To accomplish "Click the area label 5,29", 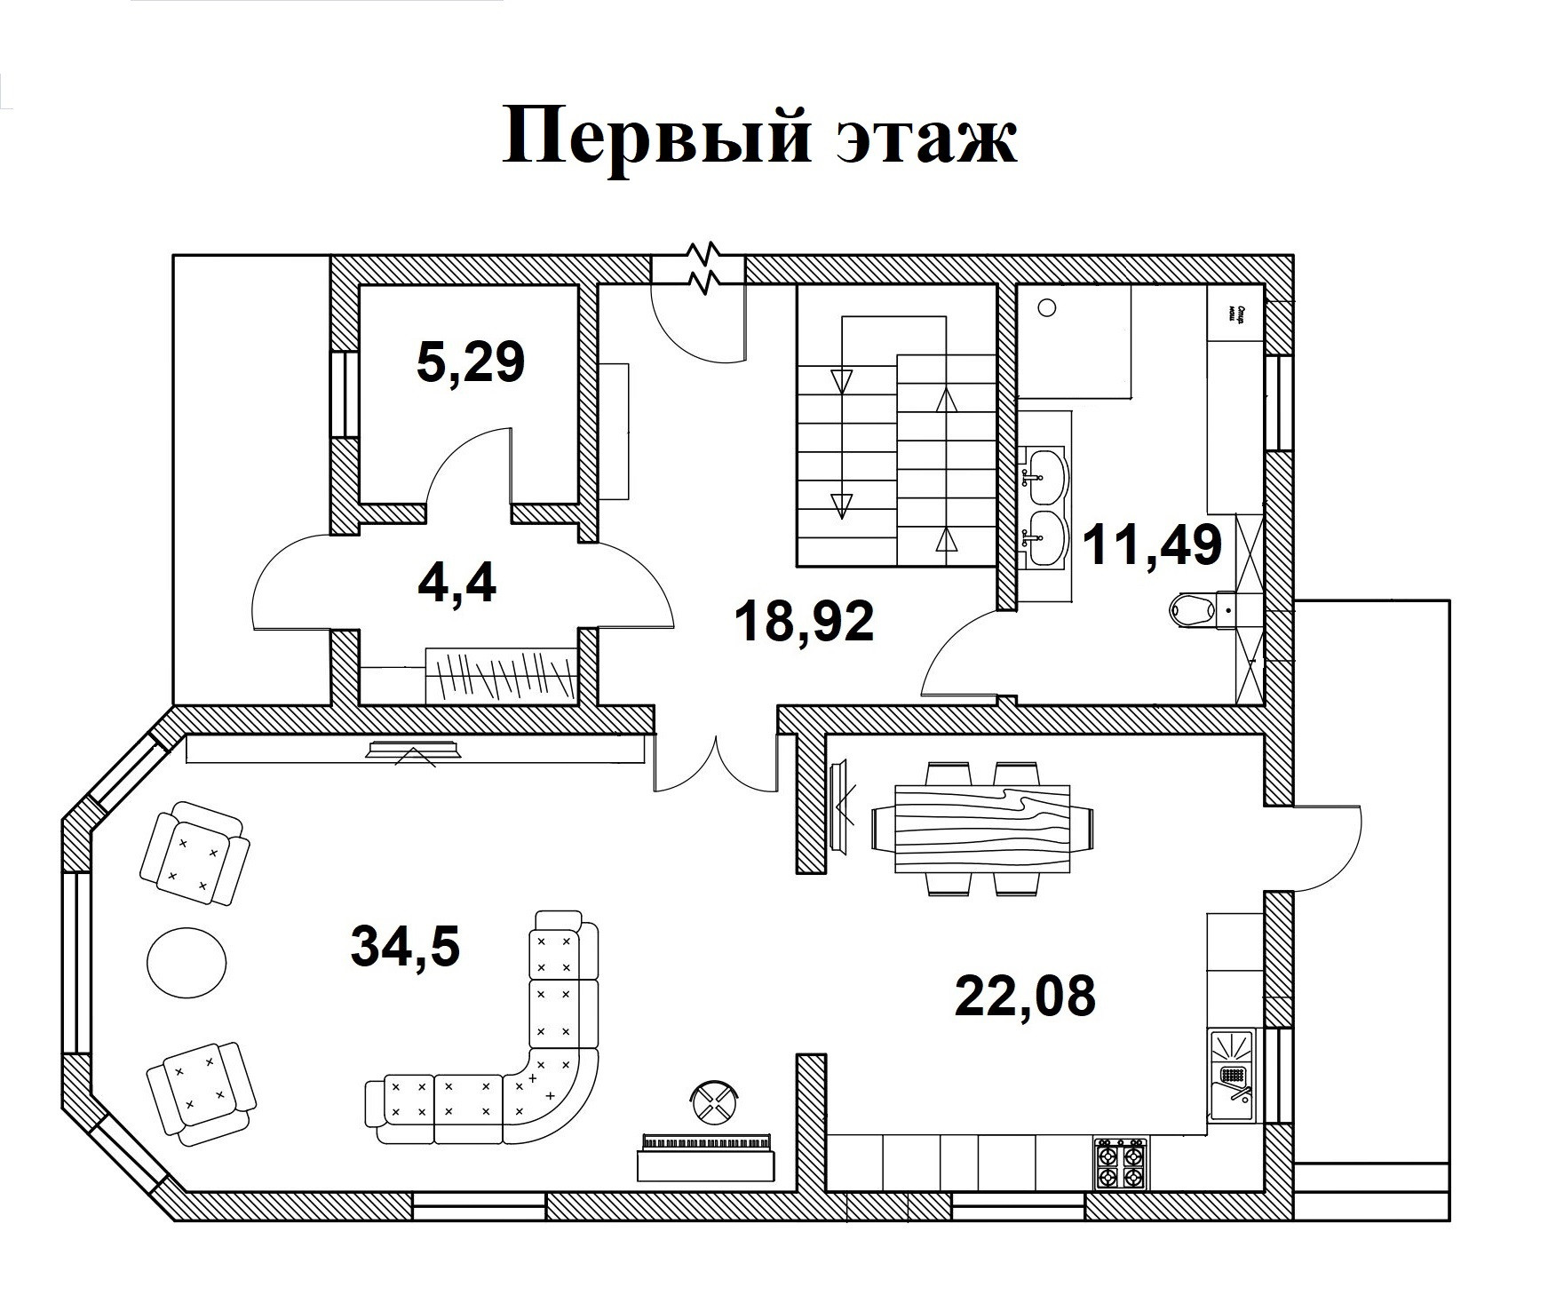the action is tap(471, 362).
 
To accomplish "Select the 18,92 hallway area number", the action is tap(805, 621).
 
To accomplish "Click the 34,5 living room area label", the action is tap(406, 944).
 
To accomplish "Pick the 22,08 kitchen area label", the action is tap(1025, 995).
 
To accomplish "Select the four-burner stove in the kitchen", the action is tap(1120, 1164).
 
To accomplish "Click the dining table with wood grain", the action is tap(982, 817).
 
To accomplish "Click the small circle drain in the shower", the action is tap(1048, 308).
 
